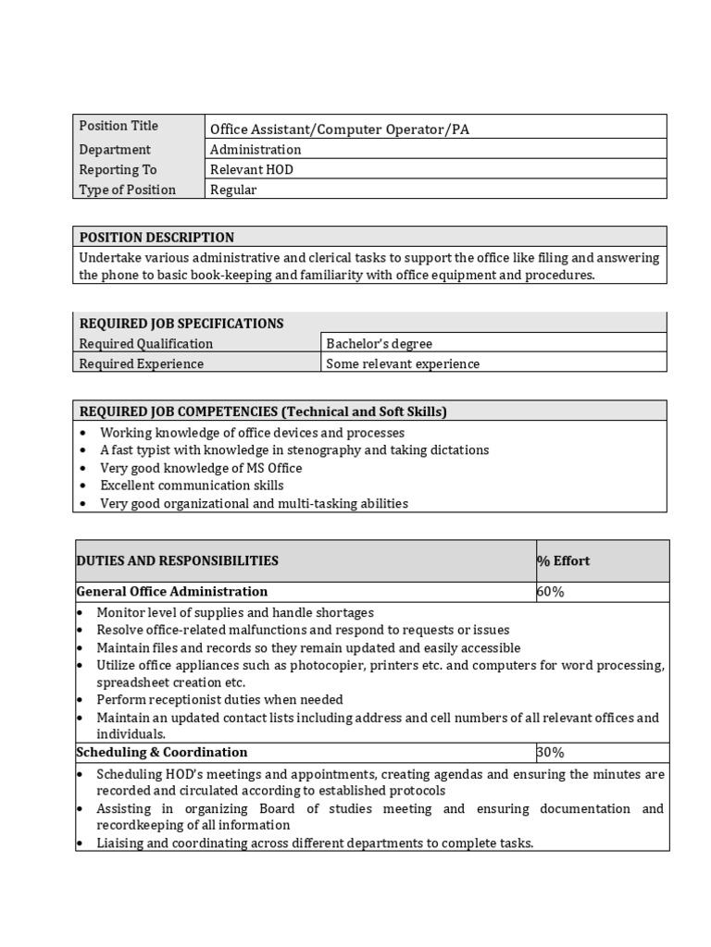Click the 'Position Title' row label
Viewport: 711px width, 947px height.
point(118,126)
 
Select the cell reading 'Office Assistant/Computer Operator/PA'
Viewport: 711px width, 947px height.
point(339,129)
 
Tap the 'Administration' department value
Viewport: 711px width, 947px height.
point(256,150)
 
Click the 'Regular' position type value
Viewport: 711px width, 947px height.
point(233,191)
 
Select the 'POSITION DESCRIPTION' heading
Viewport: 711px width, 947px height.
point(156,238)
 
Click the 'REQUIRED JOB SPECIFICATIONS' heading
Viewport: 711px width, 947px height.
point(181,324)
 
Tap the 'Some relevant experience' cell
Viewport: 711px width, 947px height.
point(403,364)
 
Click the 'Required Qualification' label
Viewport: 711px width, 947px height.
point(146,344)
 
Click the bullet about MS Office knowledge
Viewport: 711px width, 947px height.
point(201,468)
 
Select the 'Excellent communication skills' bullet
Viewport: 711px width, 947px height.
point(192,486)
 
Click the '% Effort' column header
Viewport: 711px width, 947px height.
point(563,561)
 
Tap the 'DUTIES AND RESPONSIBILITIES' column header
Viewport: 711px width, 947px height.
point(177,561)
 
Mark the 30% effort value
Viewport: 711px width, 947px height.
point(550,753)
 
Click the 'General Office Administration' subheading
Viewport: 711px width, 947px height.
point(172,592)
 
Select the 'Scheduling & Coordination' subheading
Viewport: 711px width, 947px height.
point(162,753)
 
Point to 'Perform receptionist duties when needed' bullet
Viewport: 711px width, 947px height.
point(219,700)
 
